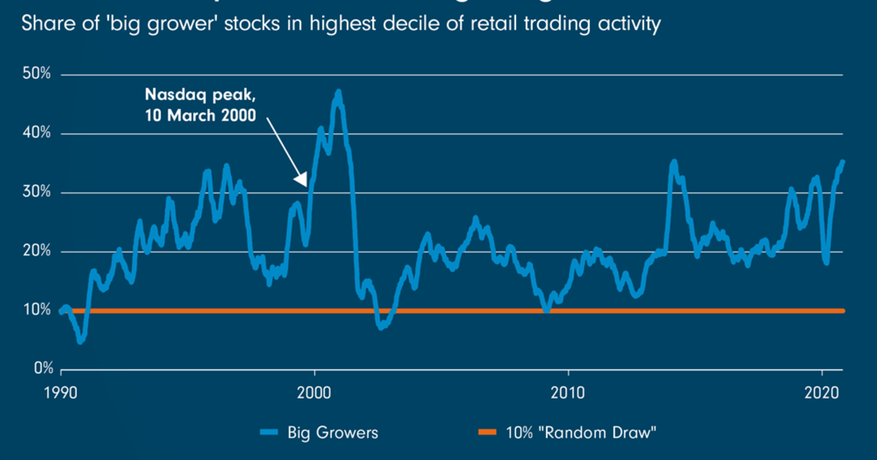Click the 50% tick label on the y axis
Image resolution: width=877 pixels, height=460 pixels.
pyautogui.click(x=37, y=75)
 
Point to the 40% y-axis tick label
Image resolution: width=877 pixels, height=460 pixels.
pyautogui.click(x=37, y=134)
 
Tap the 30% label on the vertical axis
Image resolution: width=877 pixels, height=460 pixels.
pyautogui.click(x=37, y=193)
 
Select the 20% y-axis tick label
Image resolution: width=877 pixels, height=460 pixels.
pyautogui.click(x=37, y=252)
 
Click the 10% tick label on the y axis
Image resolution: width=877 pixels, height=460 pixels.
pyautogui.click(x=37, y=310)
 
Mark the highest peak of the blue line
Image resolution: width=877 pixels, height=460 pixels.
pyautogui.click(x=338, y=92)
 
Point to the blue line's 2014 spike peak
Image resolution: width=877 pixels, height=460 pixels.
pyautogui.click(x=674, y=162)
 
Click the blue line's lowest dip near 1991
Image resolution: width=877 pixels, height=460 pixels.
pyautogui.click(x=80, y=341)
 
